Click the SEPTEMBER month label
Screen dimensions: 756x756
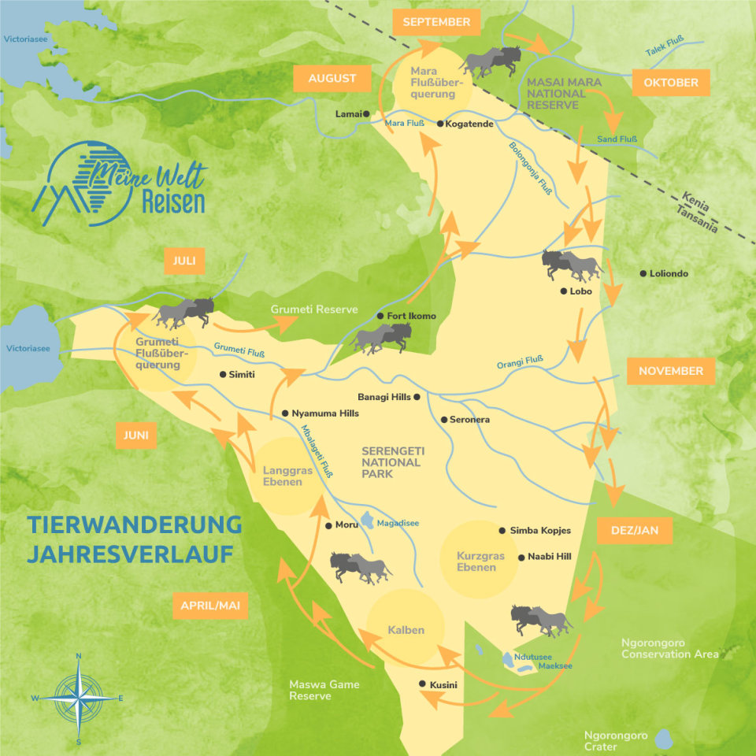point(435,22)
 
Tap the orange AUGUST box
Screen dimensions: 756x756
point(332,79)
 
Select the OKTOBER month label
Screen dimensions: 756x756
point(670,83)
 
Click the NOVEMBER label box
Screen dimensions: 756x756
point(670,371)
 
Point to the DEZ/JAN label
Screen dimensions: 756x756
point(634,531)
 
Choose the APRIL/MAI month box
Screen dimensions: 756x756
point(209,606)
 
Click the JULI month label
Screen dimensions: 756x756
point(184,261)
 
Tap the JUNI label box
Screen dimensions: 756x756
point(135,435)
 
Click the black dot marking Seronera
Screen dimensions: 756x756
point(444,420)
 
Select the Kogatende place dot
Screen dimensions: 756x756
point(440,124)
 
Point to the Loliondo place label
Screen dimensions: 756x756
point(669,274)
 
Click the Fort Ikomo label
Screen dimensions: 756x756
point(411,317)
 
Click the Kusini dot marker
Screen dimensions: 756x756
point(423,684)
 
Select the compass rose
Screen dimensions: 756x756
point(79,698)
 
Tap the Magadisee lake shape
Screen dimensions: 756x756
point(368,521)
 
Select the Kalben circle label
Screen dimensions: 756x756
point(406,630)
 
